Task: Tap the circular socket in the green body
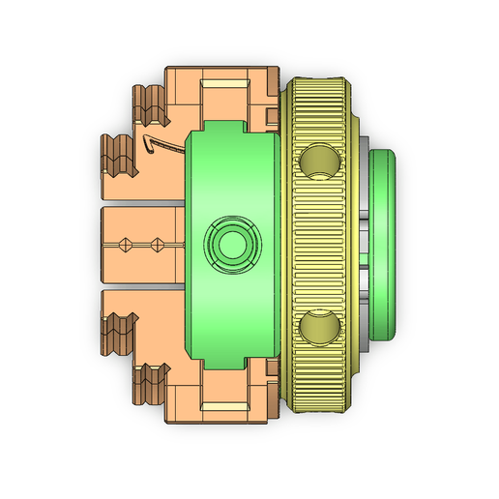click(232, 245)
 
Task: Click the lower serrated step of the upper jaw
click(115, 155)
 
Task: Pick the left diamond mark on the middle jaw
click(125, 244)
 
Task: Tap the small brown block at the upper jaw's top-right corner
click(272, 118)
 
